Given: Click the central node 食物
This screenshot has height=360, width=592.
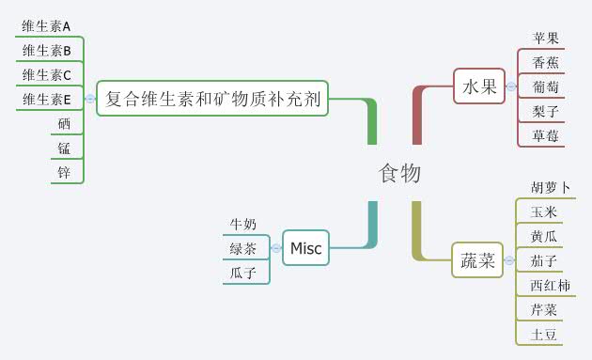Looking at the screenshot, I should point(399,174).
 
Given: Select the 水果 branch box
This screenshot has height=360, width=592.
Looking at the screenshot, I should point(478,86).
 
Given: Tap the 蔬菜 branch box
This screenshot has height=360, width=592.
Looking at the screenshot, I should point(476,260).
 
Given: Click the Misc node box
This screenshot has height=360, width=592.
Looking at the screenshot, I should point(305,248).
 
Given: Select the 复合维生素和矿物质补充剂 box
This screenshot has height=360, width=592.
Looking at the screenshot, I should point(212,97).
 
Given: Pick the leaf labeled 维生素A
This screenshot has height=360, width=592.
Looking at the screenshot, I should point(47,26).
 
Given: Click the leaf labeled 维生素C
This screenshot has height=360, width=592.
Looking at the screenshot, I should point(47,74).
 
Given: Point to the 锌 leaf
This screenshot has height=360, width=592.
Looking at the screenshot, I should point(64,171).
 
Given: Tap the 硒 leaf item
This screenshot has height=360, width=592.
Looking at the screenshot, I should point(64,123).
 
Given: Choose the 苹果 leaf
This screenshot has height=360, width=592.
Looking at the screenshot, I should point(546,39).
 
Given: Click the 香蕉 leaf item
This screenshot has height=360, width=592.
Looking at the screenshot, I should point(546,63).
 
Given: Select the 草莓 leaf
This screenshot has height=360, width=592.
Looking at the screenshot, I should point(546,135).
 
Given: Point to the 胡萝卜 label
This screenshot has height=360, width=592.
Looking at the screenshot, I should point(551,188).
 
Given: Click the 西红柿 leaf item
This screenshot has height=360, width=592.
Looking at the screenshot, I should point(550,285).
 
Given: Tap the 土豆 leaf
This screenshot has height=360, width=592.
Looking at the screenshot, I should point(544,334).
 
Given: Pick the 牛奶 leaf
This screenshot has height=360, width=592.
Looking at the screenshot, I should point(243,224).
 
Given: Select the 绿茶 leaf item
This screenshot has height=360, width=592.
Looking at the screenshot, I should point(243,248).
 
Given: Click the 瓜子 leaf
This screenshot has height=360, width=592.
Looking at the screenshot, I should point(243,273).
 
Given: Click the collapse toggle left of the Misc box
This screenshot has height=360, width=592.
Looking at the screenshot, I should point(276,248).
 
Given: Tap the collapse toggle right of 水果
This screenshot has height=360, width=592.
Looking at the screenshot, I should point(510,86).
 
